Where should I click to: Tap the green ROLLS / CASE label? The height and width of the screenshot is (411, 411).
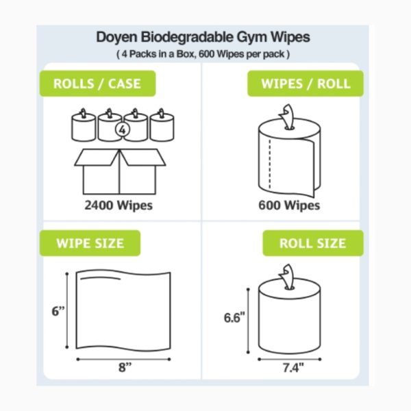pos(98,84)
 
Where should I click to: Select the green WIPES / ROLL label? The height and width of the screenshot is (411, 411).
pos(306,84)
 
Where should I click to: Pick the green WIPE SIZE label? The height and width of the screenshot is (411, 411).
pos(90,242)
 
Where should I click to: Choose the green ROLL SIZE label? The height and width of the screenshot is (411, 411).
pos(312,243)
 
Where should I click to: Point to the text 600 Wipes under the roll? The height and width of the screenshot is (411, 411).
pos(289,205)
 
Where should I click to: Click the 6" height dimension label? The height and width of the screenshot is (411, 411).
pos(58,310)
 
